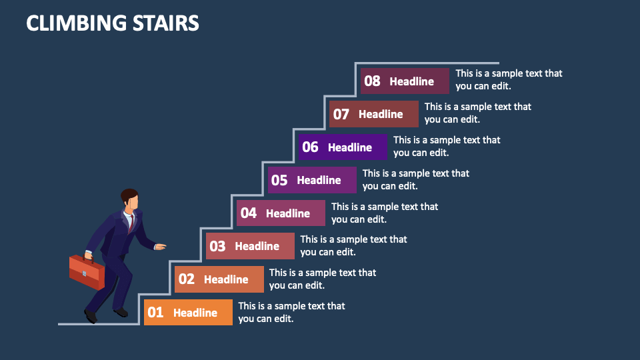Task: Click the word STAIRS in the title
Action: pyautogui.click(x=167, y=23)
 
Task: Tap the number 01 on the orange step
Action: pyautogui.click(x=155, y=312)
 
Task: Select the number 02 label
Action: pyautogui.click(x=187, y=279)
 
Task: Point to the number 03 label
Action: pyautogui.click(x=217, y=246)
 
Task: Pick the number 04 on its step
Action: pyautogui.click(x=249, y=213)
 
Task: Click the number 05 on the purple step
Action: pyautogui.click(x=279, y=180)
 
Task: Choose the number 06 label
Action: pyautogui.click(x=310, y=147)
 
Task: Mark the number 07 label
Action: pyautogui.click(x=341, y=114)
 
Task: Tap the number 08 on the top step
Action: pyautogui.click(x=372, y=81)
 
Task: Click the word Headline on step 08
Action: pyautogui.click(x=411, y=81)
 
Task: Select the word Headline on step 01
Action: pyautogui.click(x=195, y=312)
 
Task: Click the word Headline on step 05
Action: pyautogui.click(x=319, y=180)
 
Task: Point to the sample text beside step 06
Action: pyautogui.click(x=446, y=146)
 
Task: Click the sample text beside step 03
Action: pyautogui.click(x=353, y=245)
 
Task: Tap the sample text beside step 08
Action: pyautogui.click(x=509, y=79)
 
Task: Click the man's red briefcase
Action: pyautogui.click(x=87, y=271)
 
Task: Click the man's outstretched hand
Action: pyautogui.click(x=160, y=247)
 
